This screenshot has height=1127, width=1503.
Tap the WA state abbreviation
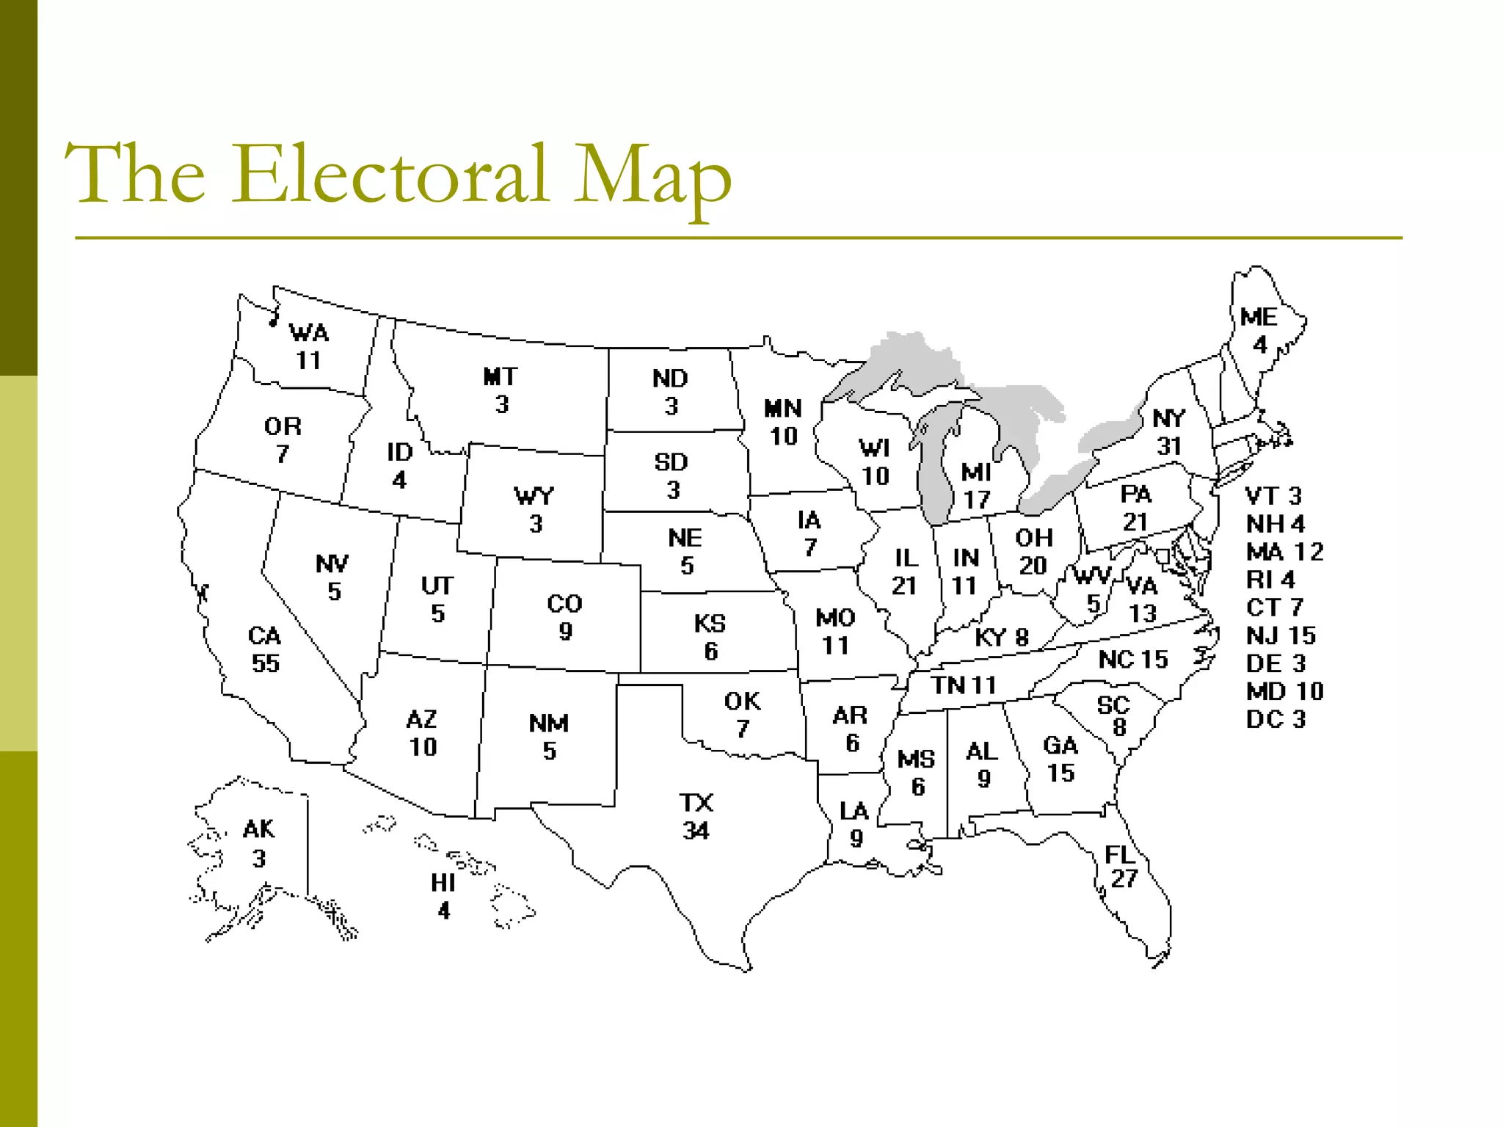(x=309, y=333)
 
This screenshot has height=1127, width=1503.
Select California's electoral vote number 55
(x=266, y=663)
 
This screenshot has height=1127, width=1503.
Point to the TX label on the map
(x=696, y=803)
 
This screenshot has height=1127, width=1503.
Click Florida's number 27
(x=1124, y=878)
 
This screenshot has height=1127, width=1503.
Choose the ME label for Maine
(x=1259, y=317)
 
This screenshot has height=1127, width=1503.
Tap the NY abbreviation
(x=1168, y=418)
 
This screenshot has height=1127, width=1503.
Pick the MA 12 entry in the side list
(x=1284, y=552)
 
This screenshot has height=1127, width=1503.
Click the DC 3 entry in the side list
(x=1275, y=719)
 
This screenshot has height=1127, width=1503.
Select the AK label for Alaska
(x=258, y=829)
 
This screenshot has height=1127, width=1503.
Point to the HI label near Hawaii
(x=443, y=883)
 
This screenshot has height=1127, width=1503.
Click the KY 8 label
(x=1001, y=638)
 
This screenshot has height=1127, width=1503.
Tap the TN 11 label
(x=964, y=685)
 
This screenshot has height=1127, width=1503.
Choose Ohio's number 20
(x=1033, y=566)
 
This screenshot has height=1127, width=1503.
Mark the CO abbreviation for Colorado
(x=564, y=603)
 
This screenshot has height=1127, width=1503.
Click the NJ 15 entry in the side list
(x=1281, y=635)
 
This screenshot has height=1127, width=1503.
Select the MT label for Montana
(x=501, y=376)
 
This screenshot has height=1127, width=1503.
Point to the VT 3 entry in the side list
(x=1273, y=496)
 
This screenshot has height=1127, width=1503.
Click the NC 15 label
(x=1132, y=660)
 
